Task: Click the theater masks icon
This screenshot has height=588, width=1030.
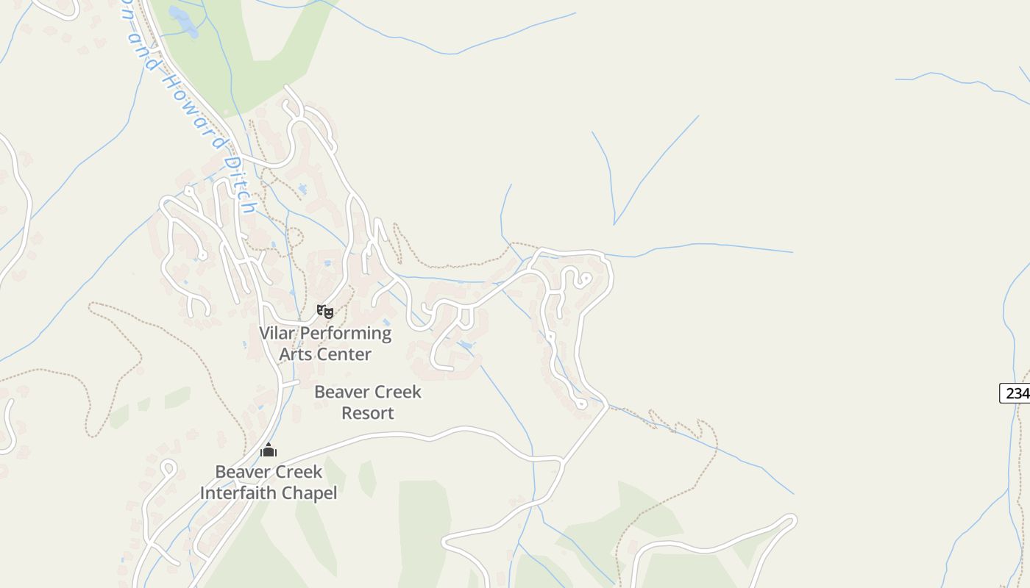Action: (324, 312)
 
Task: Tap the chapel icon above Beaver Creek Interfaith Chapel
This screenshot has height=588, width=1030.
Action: (269, 450)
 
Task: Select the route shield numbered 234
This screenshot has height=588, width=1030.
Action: (1016, 393)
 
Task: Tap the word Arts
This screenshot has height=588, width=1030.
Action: (295, 354)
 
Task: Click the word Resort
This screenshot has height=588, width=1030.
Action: (368, 413)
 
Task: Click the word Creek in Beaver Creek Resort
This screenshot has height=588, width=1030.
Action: (397, 392)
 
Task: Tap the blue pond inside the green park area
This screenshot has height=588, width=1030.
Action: (183, 21)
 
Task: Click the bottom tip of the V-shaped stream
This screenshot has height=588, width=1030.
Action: (614, 223)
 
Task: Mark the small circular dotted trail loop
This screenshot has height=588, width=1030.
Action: (294, 237)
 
